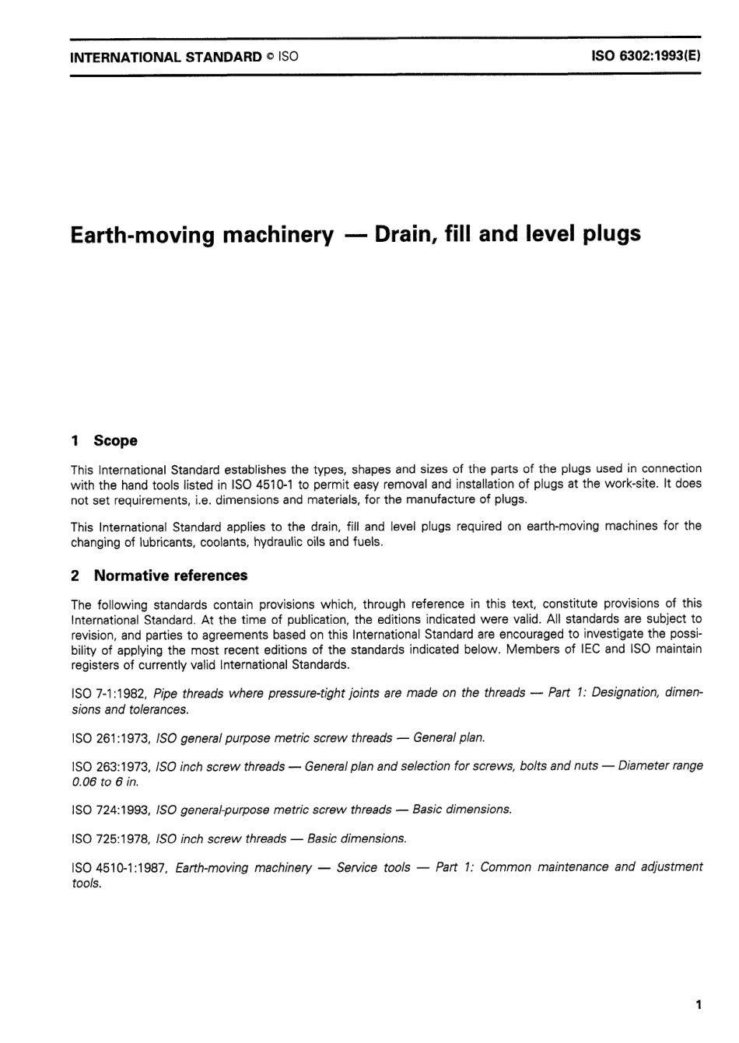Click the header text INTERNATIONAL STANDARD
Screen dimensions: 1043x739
coord(166,56)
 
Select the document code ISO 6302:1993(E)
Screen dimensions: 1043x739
coord(646,56)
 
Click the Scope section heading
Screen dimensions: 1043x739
coord(115,440)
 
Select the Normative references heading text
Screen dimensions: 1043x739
coord(170,576)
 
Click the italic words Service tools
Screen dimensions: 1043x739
coord(373,867)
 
